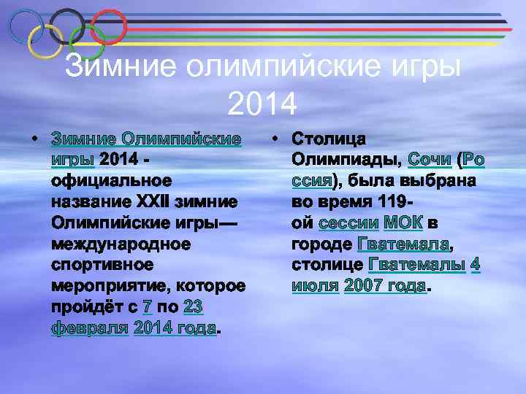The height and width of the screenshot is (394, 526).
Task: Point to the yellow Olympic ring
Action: tap(45, 42)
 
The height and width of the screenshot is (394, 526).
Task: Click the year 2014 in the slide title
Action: tap(262, 104)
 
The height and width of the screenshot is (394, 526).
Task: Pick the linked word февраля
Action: tap(90, 328)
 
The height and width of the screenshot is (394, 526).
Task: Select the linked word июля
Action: tap(315, 286)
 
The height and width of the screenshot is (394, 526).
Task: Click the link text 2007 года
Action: tap(384, 286)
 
